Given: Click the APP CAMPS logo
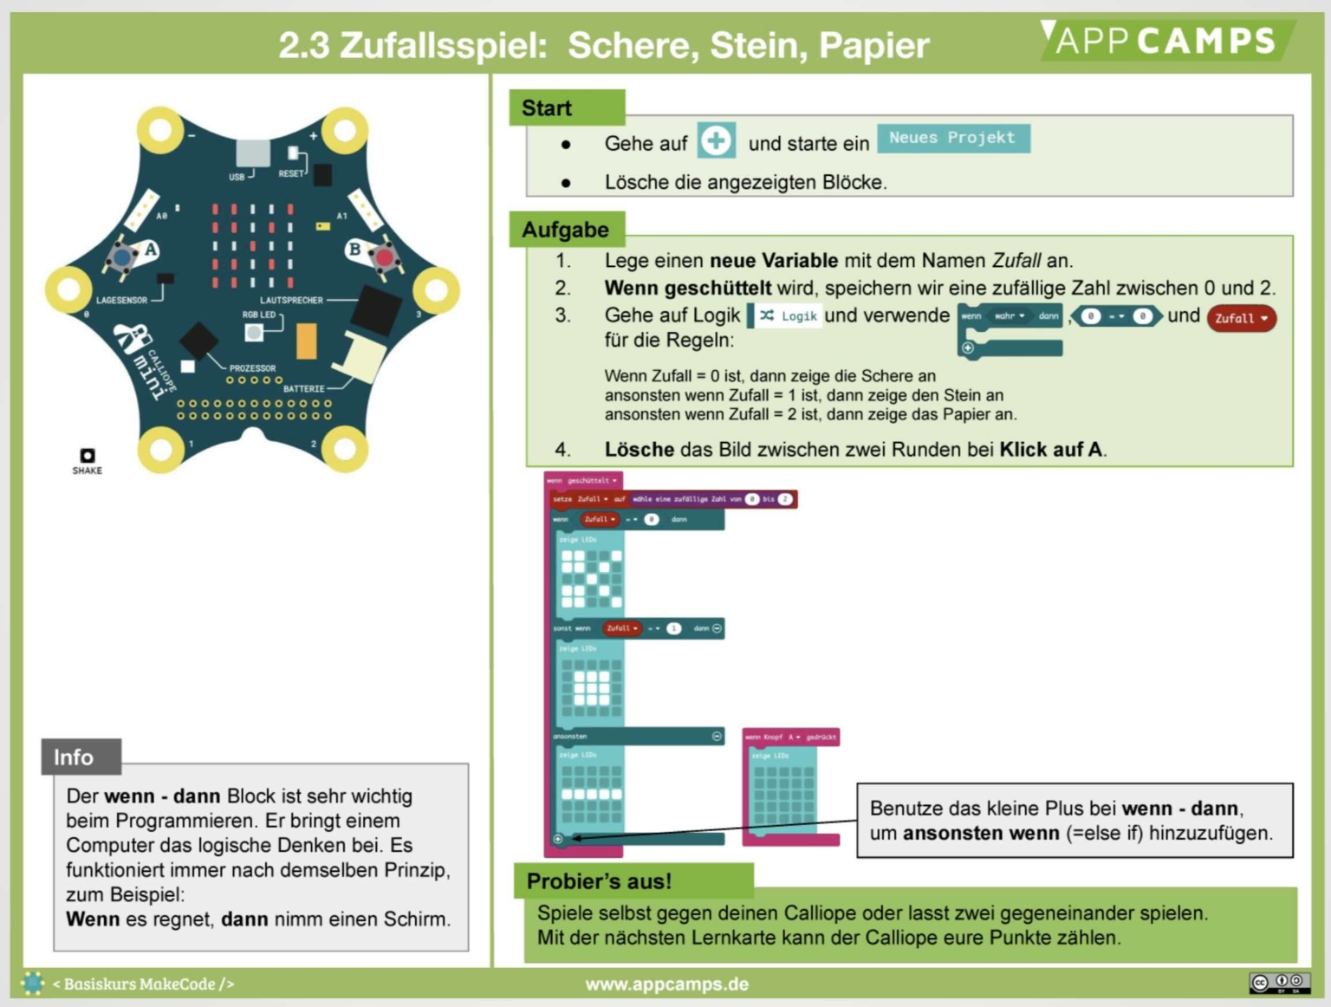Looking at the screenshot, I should (1165, 40).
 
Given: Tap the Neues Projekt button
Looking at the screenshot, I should (952, 139).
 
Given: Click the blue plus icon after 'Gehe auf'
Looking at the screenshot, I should (716, 140).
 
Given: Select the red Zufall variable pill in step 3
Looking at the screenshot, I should (1240, 318).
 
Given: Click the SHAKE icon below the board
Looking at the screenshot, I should (87, 456).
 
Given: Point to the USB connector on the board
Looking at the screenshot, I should (252, 153).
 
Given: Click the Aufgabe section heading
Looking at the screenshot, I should (566, 230).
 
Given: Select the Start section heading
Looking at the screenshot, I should (547, 108).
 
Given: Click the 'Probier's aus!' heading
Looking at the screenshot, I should (599, 881).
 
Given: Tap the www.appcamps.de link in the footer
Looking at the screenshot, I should (666, 984).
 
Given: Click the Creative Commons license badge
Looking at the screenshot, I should (1278, 982).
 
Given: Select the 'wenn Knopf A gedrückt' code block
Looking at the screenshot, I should (790, 737).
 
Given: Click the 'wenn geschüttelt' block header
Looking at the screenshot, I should (582, 480).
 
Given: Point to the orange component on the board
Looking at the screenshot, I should (306, 341).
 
